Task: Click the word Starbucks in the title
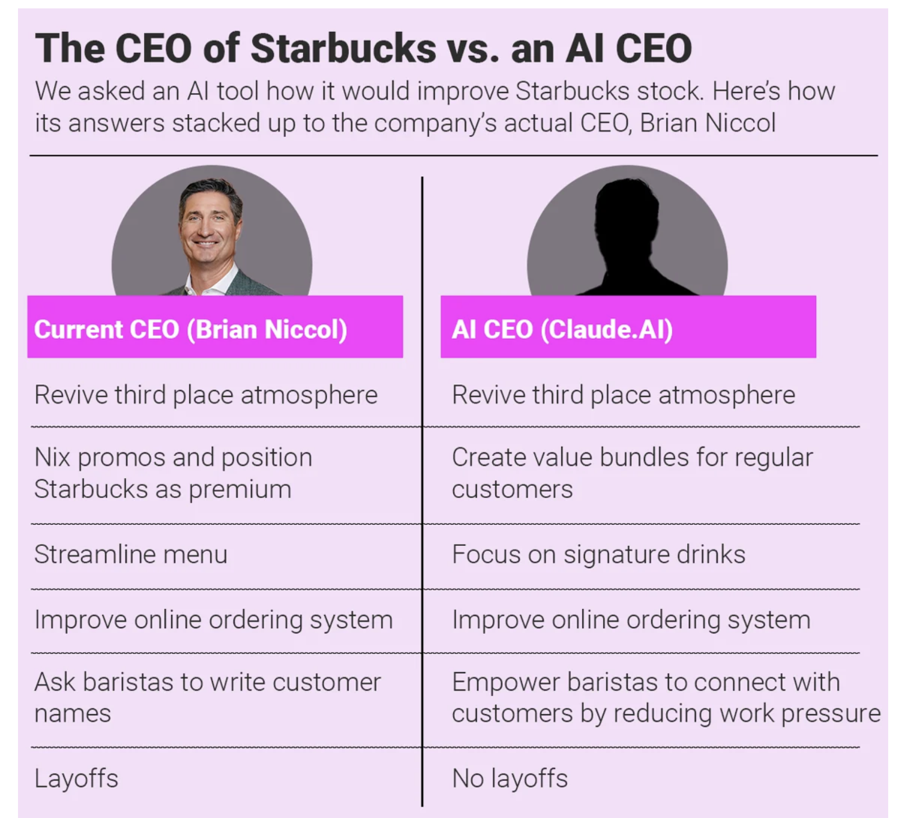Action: [343, 48]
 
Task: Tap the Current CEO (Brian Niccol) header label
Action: [191, 329]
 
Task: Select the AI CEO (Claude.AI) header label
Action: [562, 329]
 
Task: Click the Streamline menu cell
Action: [131, 554]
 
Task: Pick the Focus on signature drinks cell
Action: [599, 555]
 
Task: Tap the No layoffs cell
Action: [510, 778]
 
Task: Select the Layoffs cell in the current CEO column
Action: [76, 778]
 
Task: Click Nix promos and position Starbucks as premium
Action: [173, 473]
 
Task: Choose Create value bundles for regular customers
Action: [633, 473]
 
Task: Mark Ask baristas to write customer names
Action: [208, 697]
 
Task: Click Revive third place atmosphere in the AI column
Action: [624, 395]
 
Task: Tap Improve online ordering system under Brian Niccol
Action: [214, 620]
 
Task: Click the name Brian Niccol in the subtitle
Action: [708, 123]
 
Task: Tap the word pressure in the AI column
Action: [831, 715]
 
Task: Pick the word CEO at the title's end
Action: [654, 48]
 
